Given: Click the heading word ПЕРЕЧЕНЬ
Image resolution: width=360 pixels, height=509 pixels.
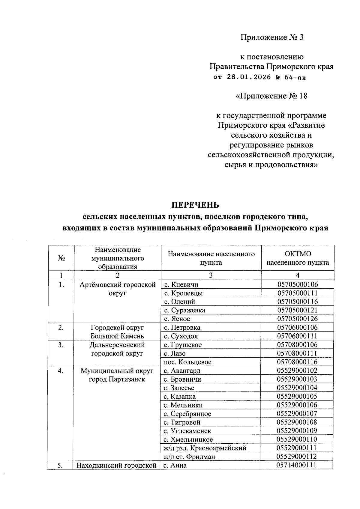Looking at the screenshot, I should coord(195,205).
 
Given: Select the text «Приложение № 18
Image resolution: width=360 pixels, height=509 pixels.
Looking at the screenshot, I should coord(271,96).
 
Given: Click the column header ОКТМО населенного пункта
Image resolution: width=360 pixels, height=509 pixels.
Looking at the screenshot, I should coord(298,258).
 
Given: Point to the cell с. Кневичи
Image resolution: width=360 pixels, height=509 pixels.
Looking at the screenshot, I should coord(181,284).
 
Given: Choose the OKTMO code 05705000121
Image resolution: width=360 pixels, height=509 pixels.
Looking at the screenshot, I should coord(297,310).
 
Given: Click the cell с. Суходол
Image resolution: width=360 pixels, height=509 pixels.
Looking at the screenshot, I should coord(181,336).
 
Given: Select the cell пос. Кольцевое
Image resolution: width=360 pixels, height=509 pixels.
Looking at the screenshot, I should coord(187,362).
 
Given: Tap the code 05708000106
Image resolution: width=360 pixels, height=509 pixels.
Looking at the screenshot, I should coord(297,344).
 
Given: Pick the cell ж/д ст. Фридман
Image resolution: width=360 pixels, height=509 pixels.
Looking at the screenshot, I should coord(189,457).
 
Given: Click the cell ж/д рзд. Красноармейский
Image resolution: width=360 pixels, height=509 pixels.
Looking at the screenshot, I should coord(205,448).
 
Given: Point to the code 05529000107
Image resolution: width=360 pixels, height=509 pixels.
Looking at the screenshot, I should coord(297,413).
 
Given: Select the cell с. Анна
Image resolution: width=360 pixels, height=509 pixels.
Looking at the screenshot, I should coord(175,465).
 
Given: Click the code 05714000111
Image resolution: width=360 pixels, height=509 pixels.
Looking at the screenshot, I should coord(297,465).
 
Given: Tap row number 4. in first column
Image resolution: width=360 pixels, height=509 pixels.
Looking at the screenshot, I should coord(61,371).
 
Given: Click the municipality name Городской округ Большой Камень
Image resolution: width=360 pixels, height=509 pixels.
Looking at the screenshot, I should coord(117,332).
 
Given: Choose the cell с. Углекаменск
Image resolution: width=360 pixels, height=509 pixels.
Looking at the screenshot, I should coord(187,431).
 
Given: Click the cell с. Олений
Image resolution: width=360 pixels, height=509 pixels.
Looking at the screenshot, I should coord(179,302).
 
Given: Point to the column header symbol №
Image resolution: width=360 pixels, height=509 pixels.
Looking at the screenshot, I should coord(61,258).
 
